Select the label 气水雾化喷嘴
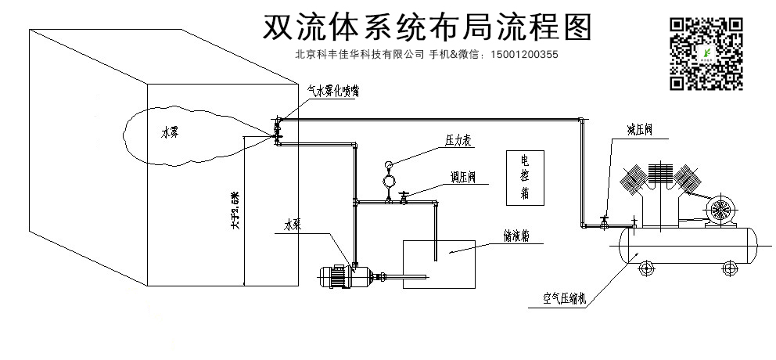tap(333, 90)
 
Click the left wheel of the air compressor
tap(647, 269)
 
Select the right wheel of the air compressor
tap(731, 269)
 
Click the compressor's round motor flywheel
tap(719, 210)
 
